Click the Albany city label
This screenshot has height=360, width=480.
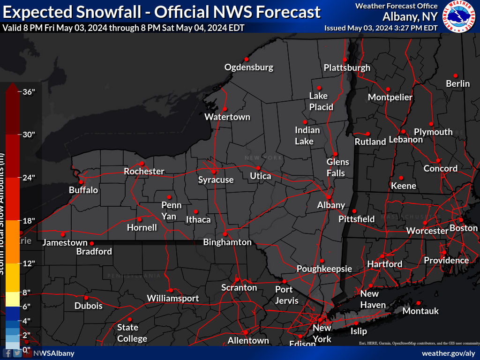[331, 205]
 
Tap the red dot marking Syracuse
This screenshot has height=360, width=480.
[214, 172]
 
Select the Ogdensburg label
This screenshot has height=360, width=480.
[248, 67]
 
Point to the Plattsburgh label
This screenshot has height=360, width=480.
[347, 67]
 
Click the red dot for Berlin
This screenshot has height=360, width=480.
[456, 75]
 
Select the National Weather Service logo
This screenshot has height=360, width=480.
[459, 16]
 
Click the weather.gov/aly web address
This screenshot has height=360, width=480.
[448, 353]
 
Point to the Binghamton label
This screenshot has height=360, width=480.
[227, 242]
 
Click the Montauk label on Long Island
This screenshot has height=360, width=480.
[420, 311]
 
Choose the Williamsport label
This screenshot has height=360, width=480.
[172, 298]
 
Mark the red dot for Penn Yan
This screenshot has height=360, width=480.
[170, 197]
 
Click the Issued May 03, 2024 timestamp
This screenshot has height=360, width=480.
[381, 28]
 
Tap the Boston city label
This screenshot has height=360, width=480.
[464, 228]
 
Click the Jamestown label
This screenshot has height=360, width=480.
[65, 242]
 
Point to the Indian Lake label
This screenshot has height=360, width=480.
[307, 135]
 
